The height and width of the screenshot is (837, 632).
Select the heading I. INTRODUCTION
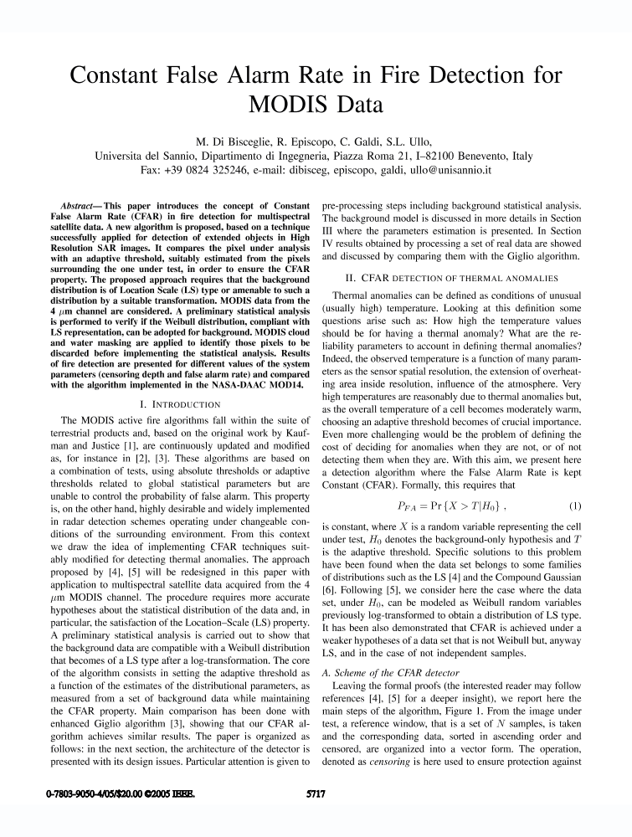(x=169, y=404)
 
